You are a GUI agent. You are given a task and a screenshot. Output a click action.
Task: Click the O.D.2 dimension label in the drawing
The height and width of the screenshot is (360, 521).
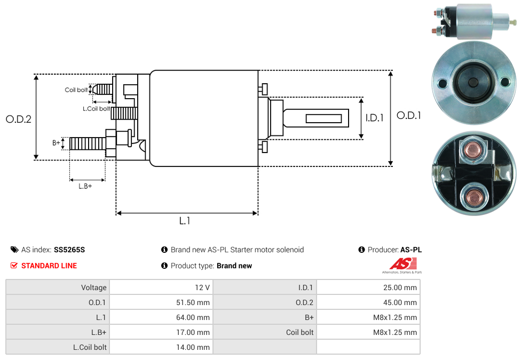point(19,119)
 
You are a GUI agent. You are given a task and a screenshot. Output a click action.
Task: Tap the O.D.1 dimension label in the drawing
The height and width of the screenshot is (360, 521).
point(409,115)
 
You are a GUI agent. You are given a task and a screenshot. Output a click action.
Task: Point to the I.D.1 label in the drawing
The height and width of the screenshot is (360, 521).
point(374,118)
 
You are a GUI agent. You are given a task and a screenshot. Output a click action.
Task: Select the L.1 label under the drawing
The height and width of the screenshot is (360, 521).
point(185,220)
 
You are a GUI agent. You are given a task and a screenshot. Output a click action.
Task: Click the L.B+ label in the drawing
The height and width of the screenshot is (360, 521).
point(85,186)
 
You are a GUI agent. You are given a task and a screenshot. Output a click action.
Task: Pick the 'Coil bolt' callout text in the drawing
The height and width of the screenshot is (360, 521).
point(76,90)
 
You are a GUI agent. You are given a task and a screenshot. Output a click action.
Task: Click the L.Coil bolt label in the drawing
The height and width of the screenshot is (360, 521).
point(96,109)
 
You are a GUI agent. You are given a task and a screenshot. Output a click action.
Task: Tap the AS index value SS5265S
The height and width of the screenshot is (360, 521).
point(69,250)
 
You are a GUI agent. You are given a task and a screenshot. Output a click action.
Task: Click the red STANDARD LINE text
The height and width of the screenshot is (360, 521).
point(49,266)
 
